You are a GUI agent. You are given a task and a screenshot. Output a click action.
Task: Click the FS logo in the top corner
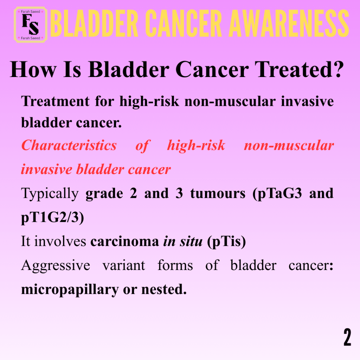click(31, 25)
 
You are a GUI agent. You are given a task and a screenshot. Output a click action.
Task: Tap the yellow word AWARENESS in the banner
click(289, 23)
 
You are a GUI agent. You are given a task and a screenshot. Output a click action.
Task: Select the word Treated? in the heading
click(299, 69)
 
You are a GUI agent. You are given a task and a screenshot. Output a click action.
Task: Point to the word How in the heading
click(33, 69)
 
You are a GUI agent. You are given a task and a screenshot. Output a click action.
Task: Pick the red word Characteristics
click(69, 145)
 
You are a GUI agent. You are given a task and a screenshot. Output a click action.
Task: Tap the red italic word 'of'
click(142, 146)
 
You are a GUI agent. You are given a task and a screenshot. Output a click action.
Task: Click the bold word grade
click(104, 194)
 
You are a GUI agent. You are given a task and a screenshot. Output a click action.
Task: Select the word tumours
click(218, 193)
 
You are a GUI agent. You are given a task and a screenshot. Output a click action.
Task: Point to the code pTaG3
click(277, 194)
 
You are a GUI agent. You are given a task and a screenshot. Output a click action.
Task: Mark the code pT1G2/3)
click(53, 217)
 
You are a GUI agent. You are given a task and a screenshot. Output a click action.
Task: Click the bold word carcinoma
click(125, 242)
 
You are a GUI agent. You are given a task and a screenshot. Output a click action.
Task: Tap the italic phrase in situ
click(183, 241)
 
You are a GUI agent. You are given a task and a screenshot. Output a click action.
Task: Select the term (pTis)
click(226, 242)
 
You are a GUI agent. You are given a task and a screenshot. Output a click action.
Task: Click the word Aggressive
click(56, 266)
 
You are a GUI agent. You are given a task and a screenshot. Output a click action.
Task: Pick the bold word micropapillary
click(70, 290)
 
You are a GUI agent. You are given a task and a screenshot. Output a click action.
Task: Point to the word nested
click(164, 289)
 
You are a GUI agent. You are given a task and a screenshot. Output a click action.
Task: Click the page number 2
click(347, 337)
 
